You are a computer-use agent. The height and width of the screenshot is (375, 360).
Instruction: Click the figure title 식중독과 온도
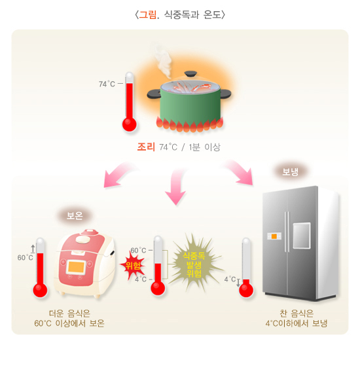(x=179, y=14)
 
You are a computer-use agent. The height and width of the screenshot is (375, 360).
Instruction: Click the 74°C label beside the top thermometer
(x=107, y=84)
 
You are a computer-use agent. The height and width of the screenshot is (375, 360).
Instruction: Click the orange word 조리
(x=145, y=147)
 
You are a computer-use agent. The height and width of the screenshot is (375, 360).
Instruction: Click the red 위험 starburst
(x=134, y=265)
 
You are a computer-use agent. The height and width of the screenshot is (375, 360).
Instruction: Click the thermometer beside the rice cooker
(x=40, y=268)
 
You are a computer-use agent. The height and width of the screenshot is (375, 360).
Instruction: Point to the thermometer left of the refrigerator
(x=246, y=268)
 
